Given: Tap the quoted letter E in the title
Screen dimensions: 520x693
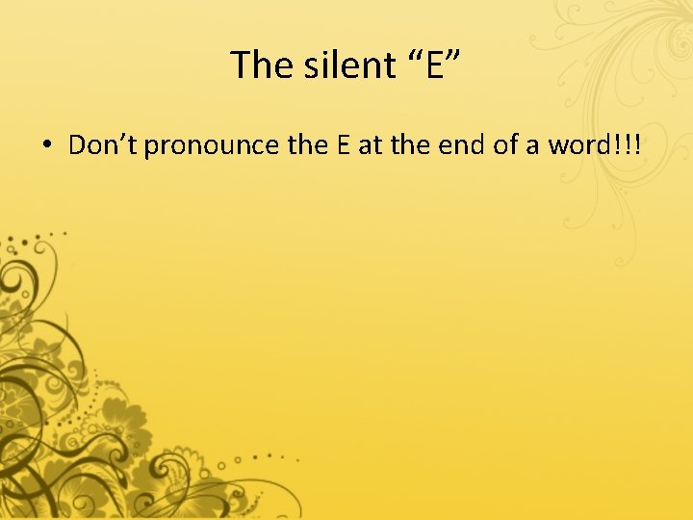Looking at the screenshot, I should (x=429, y=65).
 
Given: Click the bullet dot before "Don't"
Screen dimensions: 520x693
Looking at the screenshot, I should (x=46, y=145).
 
